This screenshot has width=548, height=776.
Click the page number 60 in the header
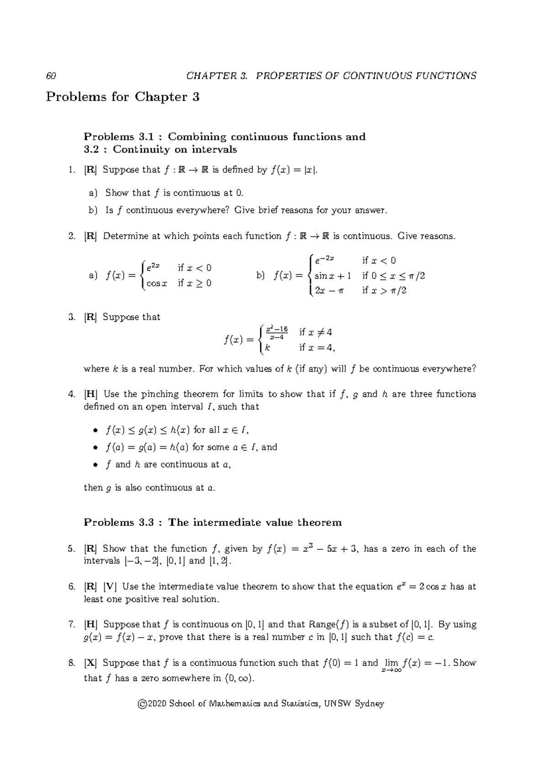pyautogui.click(x=51, y=76)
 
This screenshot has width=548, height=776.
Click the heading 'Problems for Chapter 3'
pyautogui.click(x=123, y=97)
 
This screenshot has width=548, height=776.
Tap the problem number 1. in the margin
pyautogui.click(x=71, y=170)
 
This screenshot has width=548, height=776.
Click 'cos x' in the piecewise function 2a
pyautogui.click(x=157, y=283)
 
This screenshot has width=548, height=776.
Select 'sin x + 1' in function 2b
pyautogui.click(x=332, y=276)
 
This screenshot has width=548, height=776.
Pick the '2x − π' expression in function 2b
pyautogui.click(x=329, y=291)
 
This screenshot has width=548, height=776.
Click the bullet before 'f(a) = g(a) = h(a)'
pyautogui.click(x=95, y=447)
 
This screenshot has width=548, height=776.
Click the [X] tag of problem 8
pyautogui.click(x=90, y=663)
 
